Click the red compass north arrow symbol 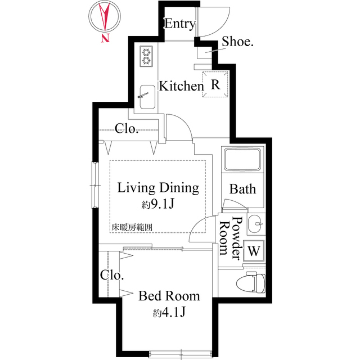105,16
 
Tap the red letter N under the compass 105,38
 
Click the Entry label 180,24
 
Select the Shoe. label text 237,42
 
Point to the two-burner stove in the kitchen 146,56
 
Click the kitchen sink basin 147,97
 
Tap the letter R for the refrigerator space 215,84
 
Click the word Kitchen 181,86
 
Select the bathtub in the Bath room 242,160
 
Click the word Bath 242,189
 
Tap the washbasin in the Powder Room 255,224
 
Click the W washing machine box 254,251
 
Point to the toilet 251,282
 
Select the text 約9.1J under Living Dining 158,204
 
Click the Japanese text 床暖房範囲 132,227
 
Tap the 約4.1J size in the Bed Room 169,312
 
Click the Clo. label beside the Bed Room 112,275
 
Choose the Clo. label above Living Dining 127,129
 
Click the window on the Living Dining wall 95,185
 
